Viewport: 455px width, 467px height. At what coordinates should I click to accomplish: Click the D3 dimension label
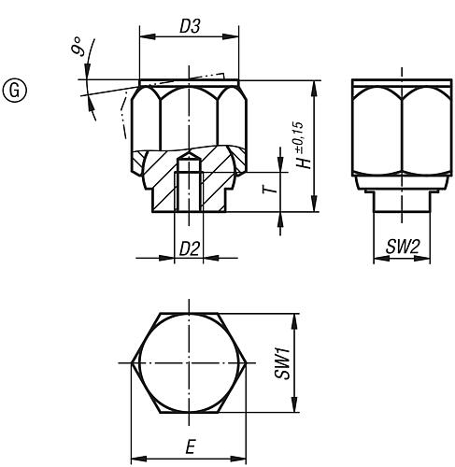(x=187, y=28)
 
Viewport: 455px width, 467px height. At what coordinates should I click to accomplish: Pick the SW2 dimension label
(x=399, y=247)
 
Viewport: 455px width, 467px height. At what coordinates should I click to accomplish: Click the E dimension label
(x=190, y=449)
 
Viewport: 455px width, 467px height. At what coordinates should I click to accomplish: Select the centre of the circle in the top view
(x=189, y=362)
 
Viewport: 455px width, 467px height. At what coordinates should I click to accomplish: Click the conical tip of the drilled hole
(x=187, y=155)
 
